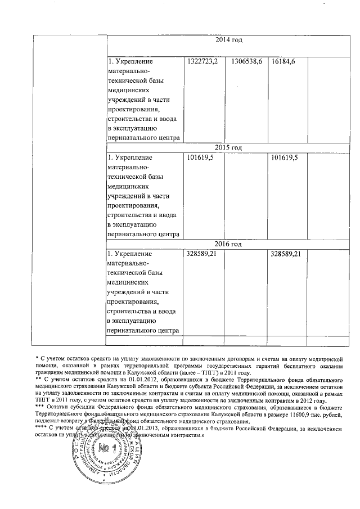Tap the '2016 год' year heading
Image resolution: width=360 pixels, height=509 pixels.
[x=229, y=244]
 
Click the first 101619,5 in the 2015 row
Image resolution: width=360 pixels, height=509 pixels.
[x=200, y=157]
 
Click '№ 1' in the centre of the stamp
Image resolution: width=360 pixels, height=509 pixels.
[x=105, y=450]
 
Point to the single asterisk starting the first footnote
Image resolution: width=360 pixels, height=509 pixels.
[x=36, y=358]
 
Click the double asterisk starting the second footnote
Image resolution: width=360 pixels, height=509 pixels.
[x=38, y=380]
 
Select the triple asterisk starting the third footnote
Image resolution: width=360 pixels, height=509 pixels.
[x=39, y=407]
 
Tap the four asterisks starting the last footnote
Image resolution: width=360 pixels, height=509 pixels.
[x=41, y=428]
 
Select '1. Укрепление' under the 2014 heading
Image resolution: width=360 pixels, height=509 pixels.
[x=130, y=61]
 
